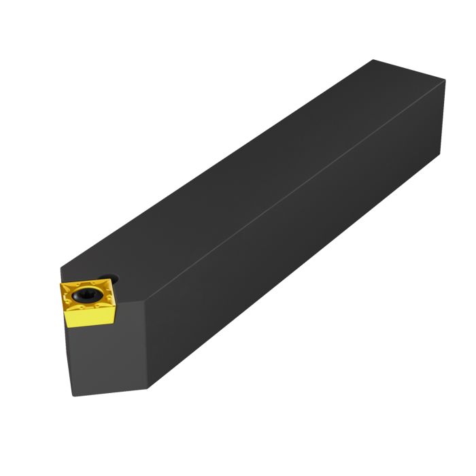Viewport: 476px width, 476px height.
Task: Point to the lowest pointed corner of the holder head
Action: click(x=149, y=389)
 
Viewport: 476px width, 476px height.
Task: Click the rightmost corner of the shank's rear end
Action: click(x=446, y=81)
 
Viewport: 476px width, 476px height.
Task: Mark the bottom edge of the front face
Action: click(x=109, y=391)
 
